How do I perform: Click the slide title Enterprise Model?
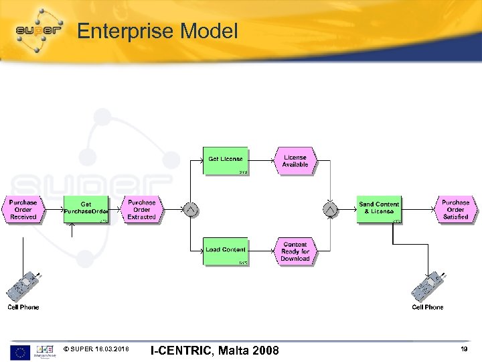[x=157, y=31]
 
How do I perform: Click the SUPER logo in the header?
[x=39, y=30]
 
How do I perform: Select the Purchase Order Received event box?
[x=23, y=210]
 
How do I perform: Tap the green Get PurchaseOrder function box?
[x=86, y=210]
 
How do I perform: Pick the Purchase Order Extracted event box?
[x=142, y=210]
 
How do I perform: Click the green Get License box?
[x=225, y=160]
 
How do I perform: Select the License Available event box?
[x=295, y=161]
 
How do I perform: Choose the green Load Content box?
[x=225, y=251]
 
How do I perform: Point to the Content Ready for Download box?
[x=295, y=251]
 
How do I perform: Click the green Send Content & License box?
[x=379, y=209]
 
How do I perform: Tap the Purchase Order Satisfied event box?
[x=456, y=209]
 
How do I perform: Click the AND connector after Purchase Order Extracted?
[x=190, y=210]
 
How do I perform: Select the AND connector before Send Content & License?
[x=329, y=210]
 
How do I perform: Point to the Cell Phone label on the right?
[x=427, y=307]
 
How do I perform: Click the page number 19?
[x=463, y=349]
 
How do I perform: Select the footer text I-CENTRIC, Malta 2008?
[x=214, y=350]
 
